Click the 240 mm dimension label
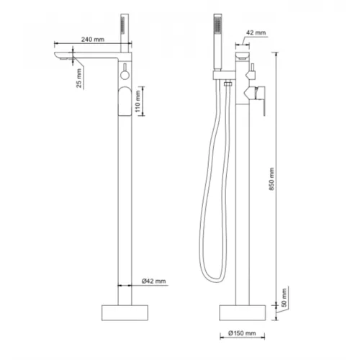click(x=93, y=39)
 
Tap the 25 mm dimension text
click(x=79, y=78)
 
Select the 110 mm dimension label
click(x=138, y=102)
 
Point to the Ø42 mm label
click(x=153, y=281)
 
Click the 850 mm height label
click(x=271, y=179)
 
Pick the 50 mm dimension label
click(x=284, y=297)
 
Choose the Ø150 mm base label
click(x=242, y=333)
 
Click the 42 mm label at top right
click(x=256, y=32)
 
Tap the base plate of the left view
click(x=125, y=312)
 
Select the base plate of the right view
click(x=243, y=312)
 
